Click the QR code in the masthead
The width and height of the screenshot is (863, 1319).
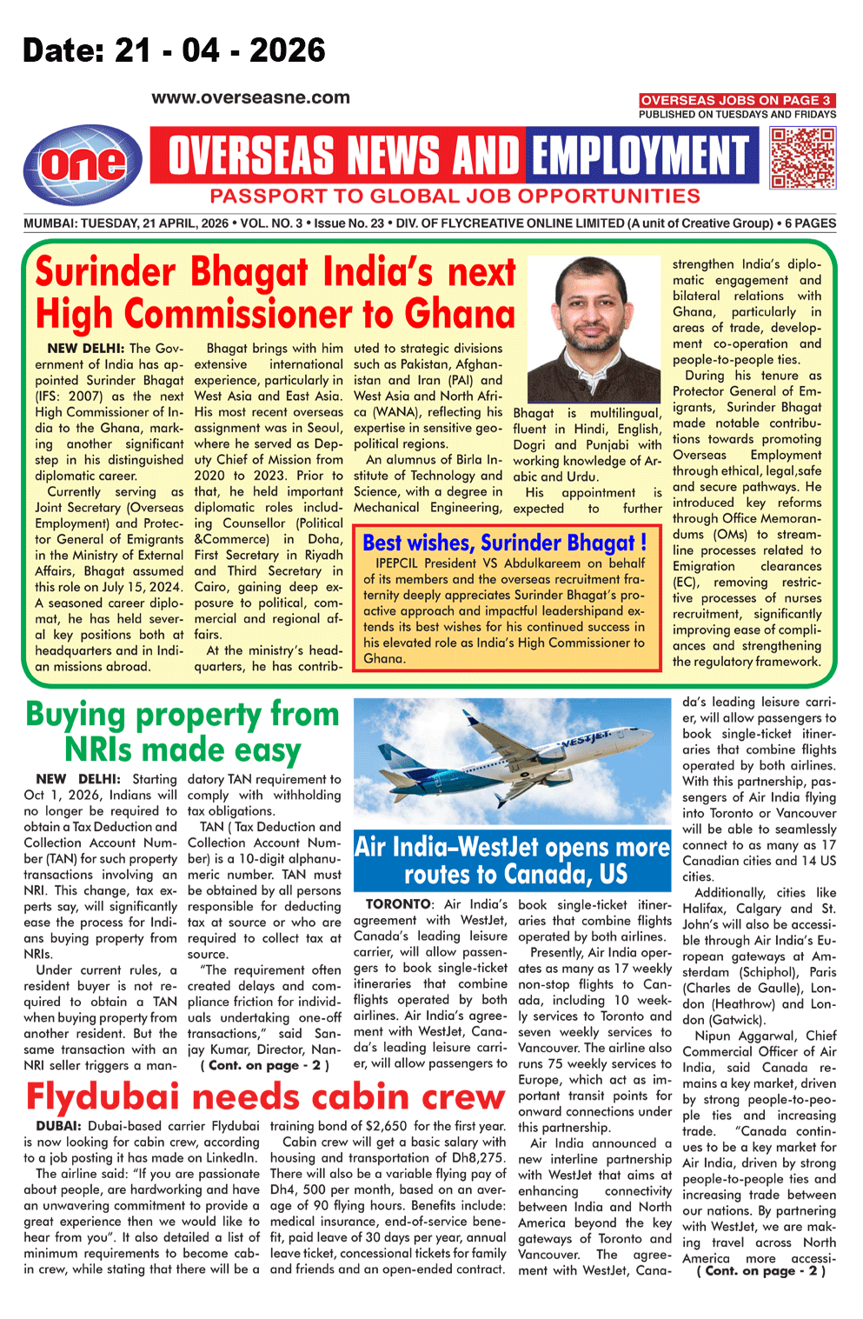(802, 157)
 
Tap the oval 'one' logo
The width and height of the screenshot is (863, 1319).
(83, 165)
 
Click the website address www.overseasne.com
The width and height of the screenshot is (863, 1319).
(250, 98)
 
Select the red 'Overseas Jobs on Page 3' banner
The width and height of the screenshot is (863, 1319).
(737, 100)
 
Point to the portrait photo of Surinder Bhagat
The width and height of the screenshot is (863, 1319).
(594, 330)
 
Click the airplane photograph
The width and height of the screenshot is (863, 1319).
(512, 765)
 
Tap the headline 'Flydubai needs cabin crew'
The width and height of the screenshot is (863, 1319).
(265, 1097)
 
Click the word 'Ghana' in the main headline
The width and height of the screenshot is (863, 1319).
(460, 313)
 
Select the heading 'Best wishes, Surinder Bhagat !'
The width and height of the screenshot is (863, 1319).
(504, 543)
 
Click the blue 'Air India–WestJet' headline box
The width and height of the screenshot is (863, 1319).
(512, 860)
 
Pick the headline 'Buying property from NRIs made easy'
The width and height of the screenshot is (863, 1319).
(183, 731)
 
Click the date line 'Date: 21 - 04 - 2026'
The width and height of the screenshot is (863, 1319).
(174, 50)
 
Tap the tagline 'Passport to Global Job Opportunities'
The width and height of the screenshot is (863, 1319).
(455, 197)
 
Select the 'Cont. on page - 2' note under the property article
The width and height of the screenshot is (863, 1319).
(264, 1065)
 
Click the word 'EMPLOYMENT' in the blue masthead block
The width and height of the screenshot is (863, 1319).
(641, 157)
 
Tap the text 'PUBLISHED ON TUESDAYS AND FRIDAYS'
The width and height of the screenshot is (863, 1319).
(737, 115)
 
